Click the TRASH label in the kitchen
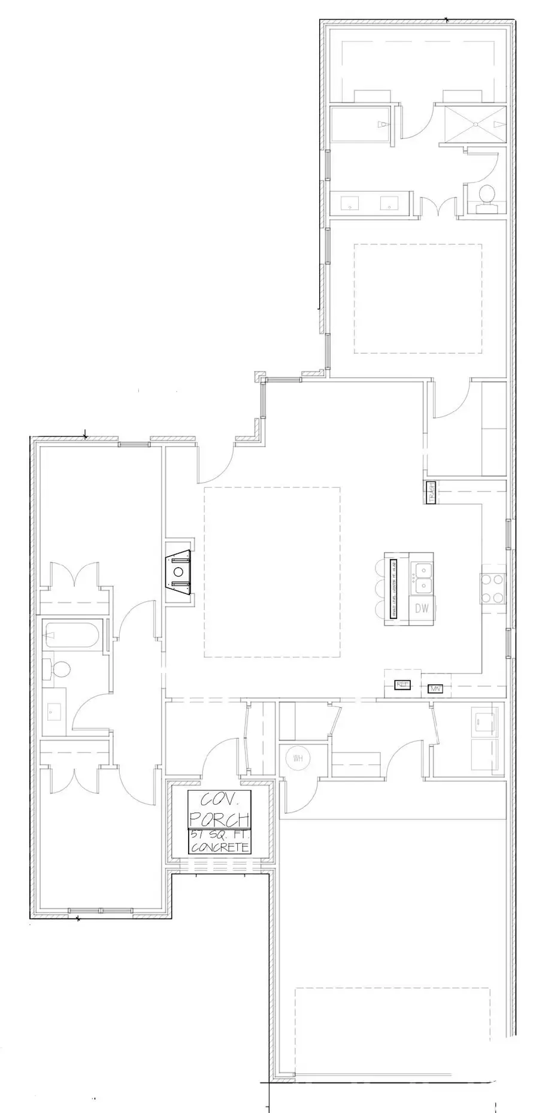coord(431,493)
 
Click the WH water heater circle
coord(298,759)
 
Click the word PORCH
coord(219,818)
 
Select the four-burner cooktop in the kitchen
coord(493,588)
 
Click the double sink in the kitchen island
coord(422,577)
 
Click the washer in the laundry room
coord(485,721)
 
